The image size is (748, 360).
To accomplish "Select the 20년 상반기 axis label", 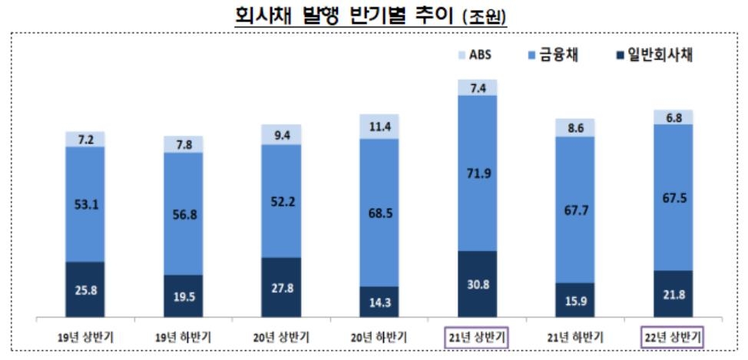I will coord(281,337).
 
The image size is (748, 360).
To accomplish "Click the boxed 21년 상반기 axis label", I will coord(477,337).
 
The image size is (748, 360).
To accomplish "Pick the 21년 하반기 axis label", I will coord(575,337).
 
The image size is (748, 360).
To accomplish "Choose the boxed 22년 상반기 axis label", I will coord(673,337).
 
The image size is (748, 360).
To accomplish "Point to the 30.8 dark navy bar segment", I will coord(477,284).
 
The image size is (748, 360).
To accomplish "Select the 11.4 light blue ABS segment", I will coord(379,126).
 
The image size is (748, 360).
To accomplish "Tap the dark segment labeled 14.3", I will coord(379,302).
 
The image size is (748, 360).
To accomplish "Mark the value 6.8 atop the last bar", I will coord(673,117).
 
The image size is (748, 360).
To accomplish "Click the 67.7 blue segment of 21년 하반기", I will coord(575,209).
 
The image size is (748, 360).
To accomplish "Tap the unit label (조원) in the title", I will coord(485,17).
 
